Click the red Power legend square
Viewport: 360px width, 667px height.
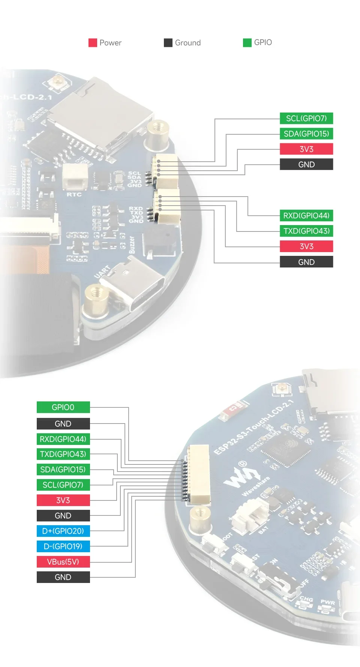point(93,43)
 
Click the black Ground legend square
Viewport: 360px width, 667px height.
point(168,43)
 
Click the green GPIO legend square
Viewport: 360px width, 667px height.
point(247,43)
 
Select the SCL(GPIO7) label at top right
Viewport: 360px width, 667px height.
point(306,119)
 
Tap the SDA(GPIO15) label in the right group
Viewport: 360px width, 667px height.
point(306,134)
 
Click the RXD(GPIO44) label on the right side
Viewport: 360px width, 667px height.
point(306,216)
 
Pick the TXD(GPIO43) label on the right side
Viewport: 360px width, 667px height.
point(306,231)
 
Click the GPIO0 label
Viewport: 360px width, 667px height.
point(63,407)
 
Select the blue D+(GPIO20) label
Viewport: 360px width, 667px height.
point(63,531)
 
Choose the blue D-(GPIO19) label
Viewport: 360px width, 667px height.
point(63,547)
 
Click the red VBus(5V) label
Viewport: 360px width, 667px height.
point(63,562)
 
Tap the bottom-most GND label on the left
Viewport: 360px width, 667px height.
point(63,577)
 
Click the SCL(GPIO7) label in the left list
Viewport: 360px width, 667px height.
point(63,485)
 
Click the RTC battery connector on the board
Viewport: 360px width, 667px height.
point(75,177)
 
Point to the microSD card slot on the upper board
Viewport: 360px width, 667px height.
point(101,116)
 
